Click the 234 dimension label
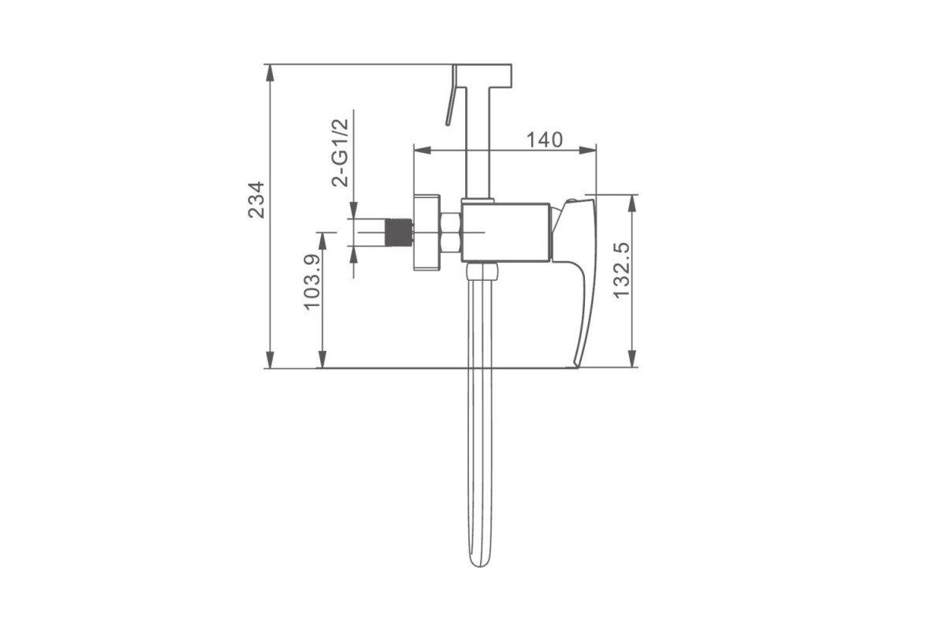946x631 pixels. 256,200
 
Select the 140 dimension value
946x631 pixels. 545,140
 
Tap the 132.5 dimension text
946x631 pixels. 621,271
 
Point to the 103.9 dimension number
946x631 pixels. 312,282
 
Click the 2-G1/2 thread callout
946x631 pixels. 340,152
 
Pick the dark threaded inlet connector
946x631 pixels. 400,233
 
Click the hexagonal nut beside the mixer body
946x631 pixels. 450,233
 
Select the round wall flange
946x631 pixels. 426,233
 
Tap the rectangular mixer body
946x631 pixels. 505,233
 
